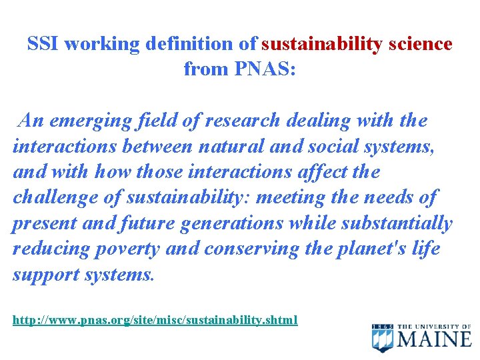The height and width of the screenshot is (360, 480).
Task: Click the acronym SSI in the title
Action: (x=43, y=45)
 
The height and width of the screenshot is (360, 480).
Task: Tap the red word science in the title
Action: (x=421, y=45)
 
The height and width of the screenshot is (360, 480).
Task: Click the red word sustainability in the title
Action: (x=322, y=45)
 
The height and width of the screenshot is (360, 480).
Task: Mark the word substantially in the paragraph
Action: (x=397, y=223)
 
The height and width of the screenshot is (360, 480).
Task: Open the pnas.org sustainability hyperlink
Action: (x=155, y=321)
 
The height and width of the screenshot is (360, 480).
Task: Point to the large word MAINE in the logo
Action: (x=434, y=339)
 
